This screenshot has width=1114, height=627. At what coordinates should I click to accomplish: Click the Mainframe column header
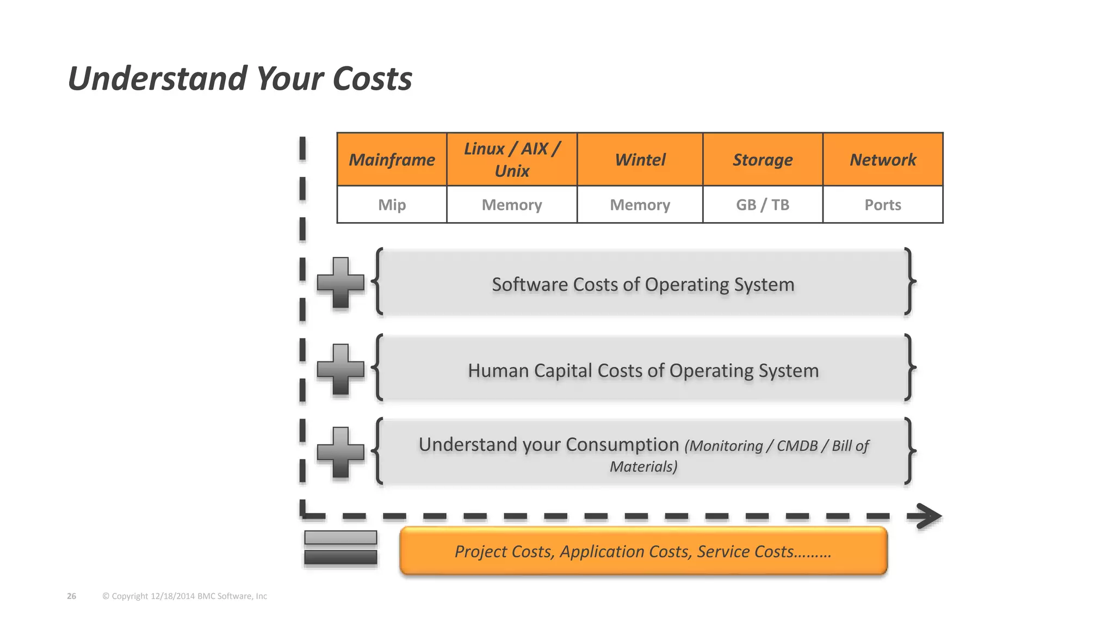pyautogui.click(x=392, y=159)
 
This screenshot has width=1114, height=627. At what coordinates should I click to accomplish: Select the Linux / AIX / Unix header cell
pyautogui.click(x=511, y=159)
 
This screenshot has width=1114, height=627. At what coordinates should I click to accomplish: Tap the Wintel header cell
pyautogui.click(x=640, y=159)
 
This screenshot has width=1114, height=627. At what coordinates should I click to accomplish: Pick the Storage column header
pyautogui.click(x=762, y=159)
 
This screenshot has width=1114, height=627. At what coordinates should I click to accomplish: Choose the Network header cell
pyautogui.click(x=882, y=159)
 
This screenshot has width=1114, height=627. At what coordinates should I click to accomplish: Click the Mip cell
pyautogui.click(x=392, y=205)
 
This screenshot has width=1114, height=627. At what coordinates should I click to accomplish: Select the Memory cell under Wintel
pyautogui.click(x=640, y=205)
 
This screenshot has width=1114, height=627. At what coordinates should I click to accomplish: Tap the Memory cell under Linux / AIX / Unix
pyautogui.click(x=511, y=205)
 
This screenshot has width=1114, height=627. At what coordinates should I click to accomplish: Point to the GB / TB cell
pyautogui.click(x=762, y=205)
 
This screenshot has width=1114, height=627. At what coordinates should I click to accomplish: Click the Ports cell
pyautogui.click(x=882, y=205)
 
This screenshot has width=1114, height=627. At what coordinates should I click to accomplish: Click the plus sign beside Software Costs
pyautogui.click(x=341, y=282)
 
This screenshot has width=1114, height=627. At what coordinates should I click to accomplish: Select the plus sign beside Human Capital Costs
pyautogui.click(x=341, y=369)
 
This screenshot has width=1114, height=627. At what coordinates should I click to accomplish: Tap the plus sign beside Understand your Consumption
pyautogui.click(x=341, y=452)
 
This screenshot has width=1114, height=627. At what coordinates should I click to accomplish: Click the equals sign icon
pyautogui.click(x=341, y=548)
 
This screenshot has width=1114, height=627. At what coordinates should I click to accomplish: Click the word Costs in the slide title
pyautogui.click(x=372, y=78)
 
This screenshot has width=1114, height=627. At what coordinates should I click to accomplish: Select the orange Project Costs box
pyautogui.click(x=643, y=551)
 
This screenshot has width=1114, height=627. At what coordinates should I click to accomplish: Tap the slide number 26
pyautogui.click(x=71, y=596)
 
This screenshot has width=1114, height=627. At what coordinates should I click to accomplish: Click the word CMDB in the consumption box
pyautogui.click(x=797, y=446)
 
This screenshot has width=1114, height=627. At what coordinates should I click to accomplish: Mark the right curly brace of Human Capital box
pyautogui.click(x=909, y=368)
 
